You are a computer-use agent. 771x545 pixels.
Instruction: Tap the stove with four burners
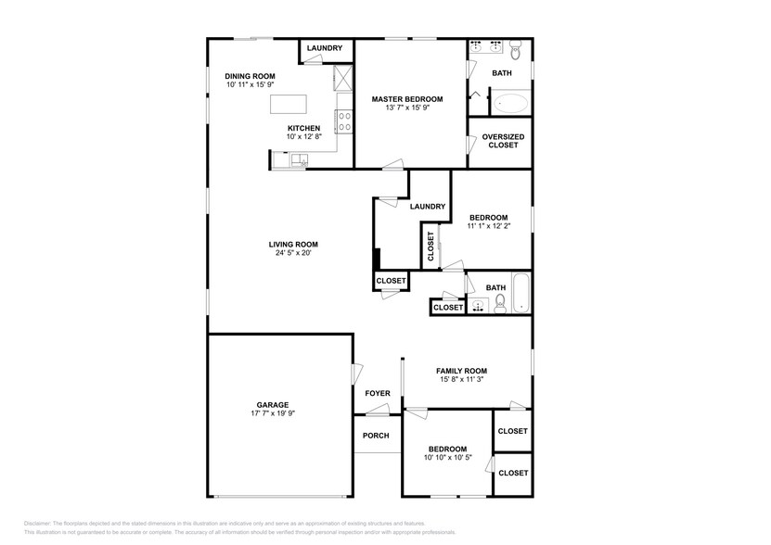(x=343, y=121)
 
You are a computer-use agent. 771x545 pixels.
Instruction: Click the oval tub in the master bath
(x=510, y=102)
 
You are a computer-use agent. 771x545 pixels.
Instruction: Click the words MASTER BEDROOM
(x=407, y=98)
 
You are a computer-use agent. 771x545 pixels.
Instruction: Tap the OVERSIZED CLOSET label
(x=503, y=141)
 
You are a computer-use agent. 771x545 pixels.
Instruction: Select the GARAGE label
(x=273, y=404)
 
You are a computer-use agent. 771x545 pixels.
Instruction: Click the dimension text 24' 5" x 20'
(x=293, y=253)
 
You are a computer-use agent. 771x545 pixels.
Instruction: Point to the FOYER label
(x=377, y=394)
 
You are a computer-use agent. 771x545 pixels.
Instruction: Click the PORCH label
(x=376, y=436)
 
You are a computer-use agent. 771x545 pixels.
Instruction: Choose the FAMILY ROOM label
(x=462, y=371)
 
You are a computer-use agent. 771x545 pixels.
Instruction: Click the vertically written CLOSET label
(x=430, y=246)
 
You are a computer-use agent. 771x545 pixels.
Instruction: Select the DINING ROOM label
(x=251, y=76)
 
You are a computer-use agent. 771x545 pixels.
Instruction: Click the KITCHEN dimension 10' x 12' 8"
(x=303, y=137)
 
